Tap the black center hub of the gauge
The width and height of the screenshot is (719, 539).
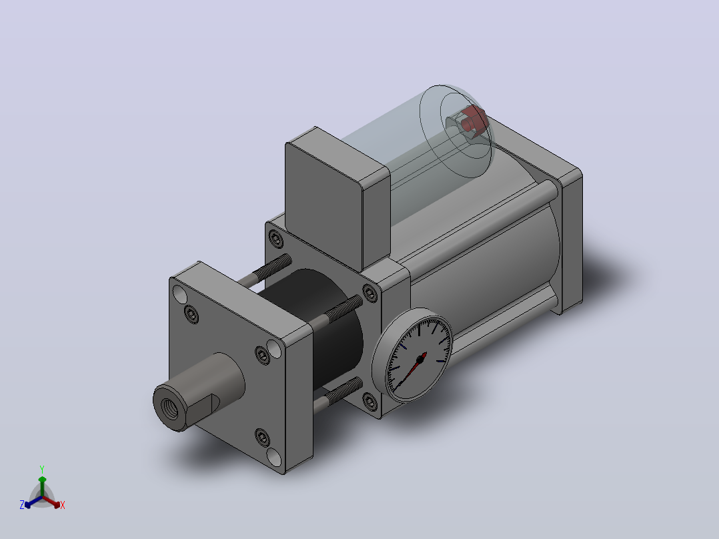tap(420, 360)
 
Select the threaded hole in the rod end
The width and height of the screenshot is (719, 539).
tap(169, 407)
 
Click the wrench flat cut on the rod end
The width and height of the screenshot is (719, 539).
tap(201, 408)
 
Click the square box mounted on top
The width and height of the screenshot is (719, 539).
tap(337, 197)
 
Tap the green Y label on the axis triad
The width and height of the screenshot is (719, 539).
tap(42, 469)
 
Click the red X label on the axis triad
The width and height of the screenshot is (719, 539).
tap(63, 505)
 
